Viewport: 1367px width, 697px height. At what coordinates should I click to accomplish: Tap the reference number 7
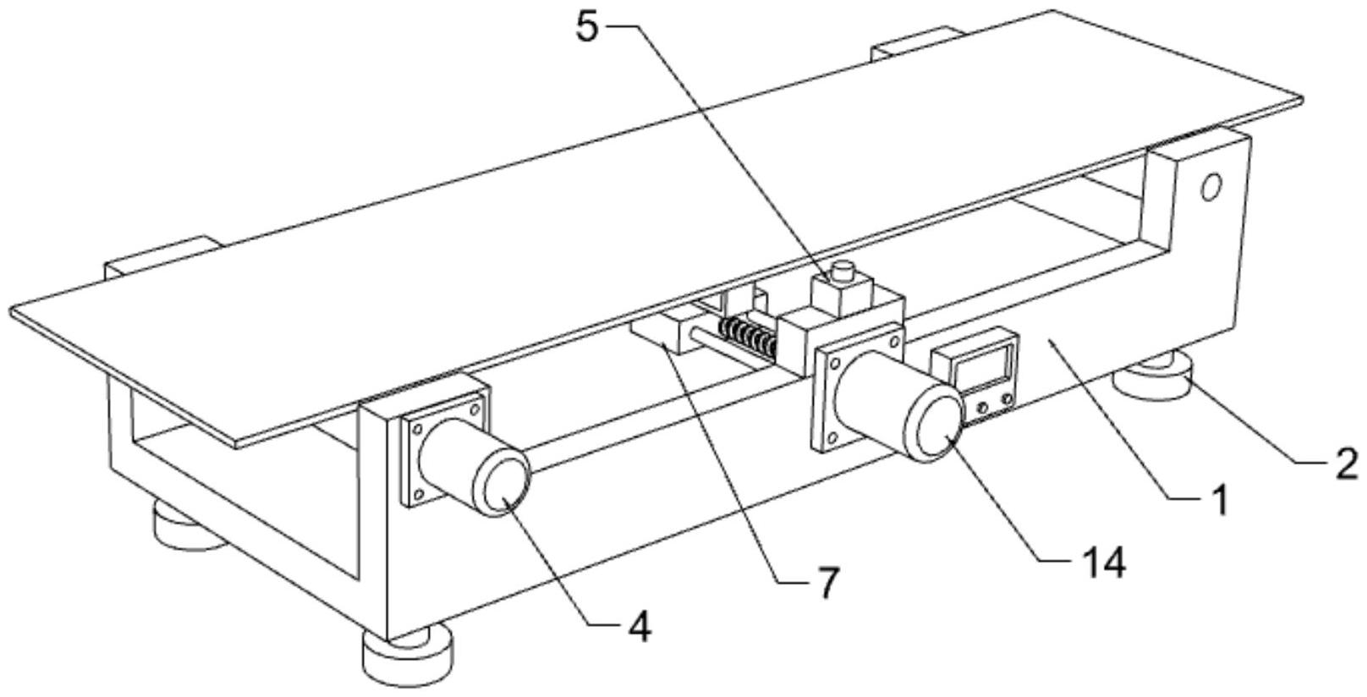(826, 582)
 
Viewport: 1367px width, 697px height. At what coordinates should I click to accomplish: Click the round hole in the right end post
(1212, 186)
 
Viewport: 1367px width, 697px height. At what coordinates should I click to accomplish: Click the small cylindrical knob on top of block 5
(843, 273)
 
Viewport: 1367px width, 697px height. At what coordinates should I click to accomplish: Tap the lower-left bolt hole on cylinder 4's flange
(415, 496)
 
